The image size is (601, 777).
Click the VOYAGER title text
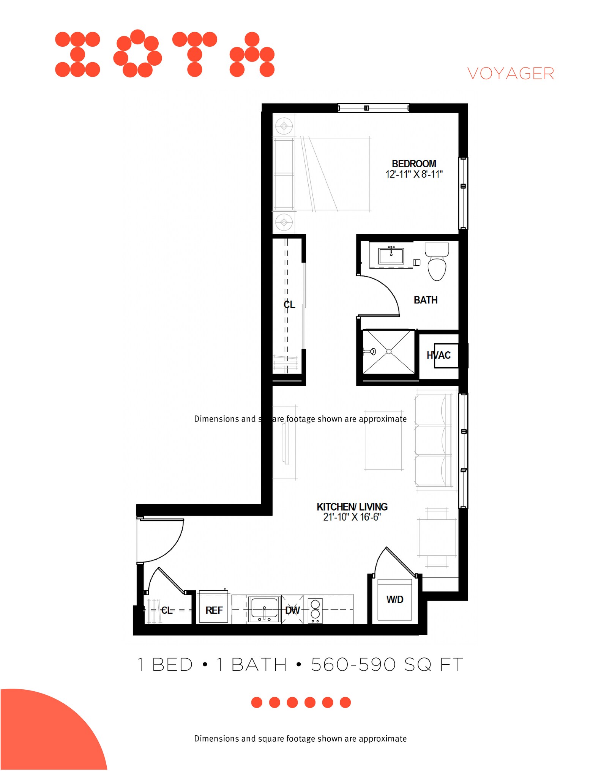510,74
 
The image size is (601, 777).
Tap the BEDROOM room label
414,164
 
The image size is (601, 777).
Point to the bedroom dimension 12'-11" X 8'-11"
414,175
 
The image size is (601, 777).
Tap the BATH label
426,300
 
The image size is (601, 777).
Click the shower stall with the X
388,352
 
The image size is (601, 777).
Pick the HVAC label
439,355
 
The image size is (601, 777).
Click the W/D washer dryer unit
395,599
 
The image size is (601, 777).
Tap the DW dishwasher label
292,610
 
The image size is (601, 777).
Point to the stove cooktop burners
315,610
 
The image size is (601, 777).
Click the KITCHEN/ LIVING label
352,507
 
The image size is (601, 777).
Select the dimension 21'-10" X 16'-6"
352,517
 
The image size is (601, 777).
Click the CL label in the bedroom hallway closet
289,305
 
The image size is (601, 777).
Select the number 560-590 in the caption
353,665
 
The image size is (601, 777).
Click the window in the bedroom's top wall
374,108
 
